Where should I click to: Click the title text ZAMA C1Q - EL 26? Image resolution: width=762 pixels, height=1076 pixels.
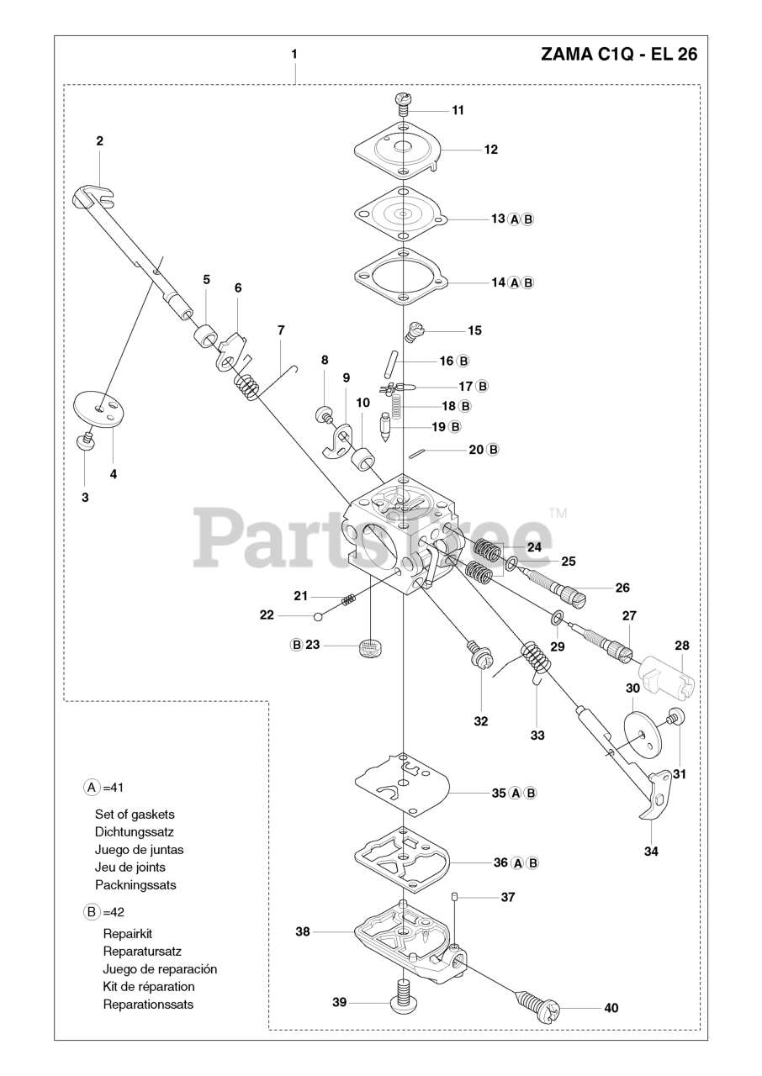(x=618, y=55)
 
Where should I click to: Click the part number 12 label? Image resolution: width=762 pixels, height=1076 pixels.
(x=490, y=150)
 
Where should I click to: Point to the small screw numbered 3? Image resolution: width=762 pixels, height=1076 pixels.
(x=84, y=441)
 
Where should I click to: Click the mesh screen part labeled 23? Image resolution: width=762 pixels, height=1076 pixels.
(x=369, y=647)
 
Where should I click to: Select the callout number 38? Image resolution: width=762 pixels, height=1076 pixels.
(x=303, y=931)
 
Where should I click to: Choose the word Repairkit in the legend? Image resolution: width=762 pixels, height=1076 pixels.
(x=127, y=933)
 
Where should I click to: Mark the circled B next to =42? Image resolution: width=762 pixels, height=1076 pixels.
(x=91, y=911)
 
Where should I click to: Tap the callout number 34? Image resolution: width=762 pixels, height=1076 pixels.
(x=651, y=851)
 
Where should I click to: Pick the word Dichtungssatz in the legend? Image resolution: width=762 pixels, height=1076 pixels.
(x=135, y=831)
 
